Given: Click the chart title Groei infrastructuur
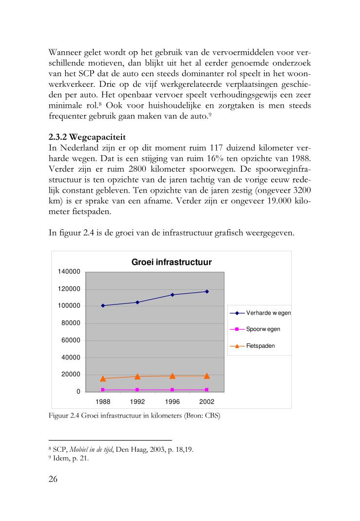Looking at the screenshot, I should click(171, 262).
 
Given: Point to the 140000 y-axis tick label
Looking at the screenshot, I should click(68, 272).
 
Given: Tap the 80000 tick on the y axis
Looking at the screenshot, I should click(70, 323).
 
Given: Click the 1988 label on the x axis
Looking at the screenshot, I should click(103, 401).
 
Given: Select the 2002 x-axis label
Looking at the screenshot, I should click(207, 401).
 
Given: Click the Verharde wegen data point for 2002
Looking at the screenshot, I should click(207, 291).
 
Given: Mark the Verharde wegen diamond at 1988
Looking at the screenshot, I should click(103, 305).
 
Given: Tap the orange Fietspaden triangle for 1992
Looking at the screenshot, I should click(138, 376).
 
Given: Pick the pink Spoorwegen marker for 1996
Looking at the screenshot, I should click(172, 390).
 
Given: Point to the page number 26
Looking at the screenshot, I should click(53, 479).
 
